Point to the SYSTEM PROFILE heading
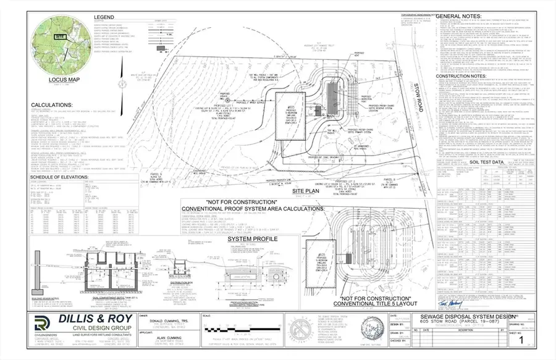click(253, 238)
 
